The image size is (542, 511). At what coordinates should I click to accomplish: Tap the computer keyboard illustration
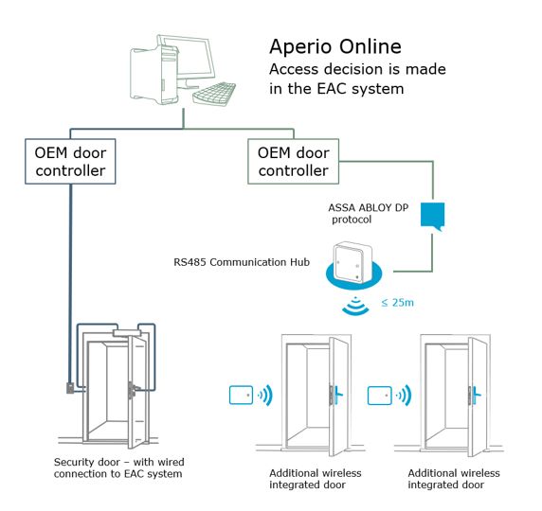tap(213, 95)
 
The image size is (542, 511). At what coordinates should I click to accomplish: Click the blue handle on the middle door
tap(334, 394)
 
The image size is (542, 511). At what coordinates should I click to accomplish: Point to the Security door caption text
tap(118, 467)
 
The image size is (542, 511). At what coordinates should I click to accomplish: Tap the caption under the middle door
tap(306, 478)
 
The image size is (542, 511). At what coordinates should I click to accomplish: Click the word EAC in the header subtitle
tap(336, 90)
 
